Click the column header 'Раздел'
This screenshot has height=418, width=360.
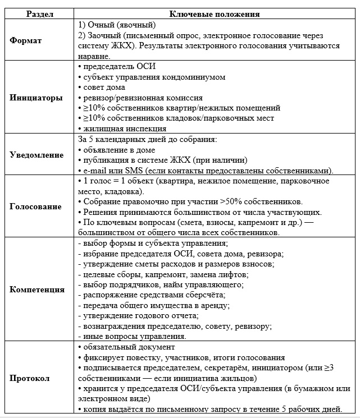coord(37,14)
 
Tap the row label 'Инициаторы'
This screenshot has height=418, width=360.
coord(37,97)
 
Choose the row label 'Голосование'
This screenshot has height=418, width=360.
coord(37,206)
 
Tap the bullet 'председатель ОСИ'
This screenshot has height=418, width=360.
coord(119,66)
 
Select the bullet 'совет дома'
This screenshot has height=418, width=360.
coord(104,87)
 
